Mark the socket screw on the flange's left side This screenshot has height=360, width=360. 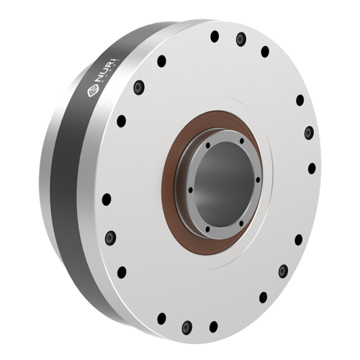pyautogui.click(x=110, y=237)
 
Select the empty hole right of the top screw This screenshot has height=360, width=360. pyautogui.click(x=264, y=51)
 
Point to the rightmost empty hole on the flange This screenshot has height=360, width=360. pyautogui.click(x=312, y=169)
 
